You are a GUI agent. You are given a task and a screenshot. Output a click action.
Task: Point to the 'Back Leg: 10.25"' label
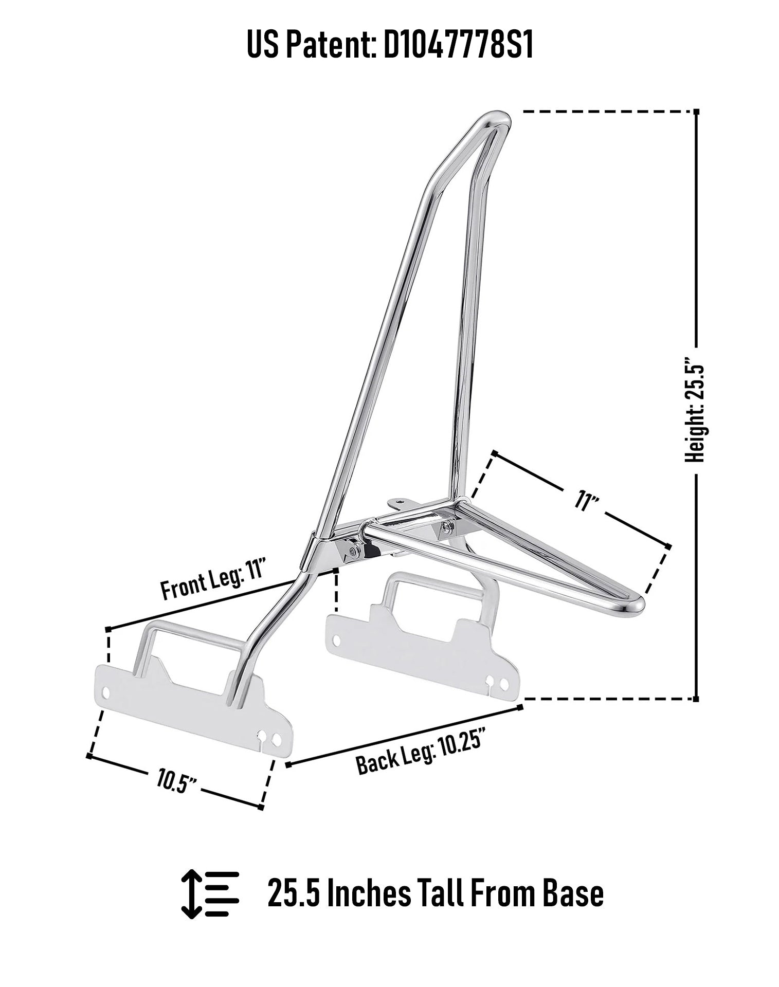click(x=421, y=753)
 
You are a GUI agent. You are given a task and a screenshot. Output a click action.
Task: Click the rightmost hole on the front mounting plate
click(x=277, y=740)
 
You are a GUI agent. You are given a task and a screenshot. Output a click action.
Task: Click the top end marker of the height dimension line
click(x=696, y=112)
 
